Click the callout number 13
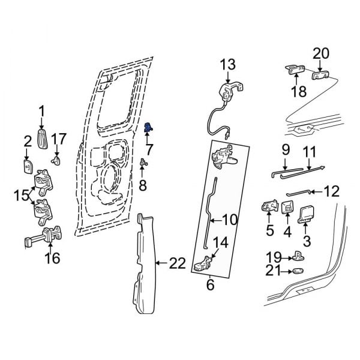tap(229, 65)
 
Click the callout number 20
tap(320, 53)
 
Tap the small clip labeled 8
tap(143, 162)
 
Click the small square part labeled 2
tap(28, 166)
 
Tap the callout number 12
tap(331, 191)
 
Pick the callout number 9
tap(285, 148)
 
